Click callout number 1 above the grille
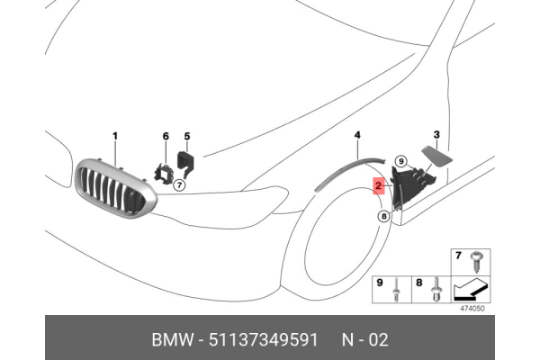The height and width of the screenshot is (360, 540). [115, 136]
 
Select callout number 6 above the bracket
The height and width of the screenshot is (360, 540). [166, 136]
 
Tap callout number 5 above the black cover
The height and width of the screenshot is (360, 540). [187, 136]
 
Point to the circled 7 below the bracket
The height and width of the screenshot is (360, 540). [179, 185]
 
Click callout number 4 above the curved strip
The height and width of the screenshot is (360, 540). [357, 135]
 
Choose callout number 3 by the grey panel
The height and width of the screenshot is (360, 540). [436, 136]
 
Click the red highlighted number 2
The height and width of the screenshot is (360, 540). [380, 186]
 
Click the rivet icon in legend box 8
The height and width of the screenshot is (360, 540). [436, 288]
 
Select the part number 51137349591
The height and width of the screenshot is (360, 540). [262, 340]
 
